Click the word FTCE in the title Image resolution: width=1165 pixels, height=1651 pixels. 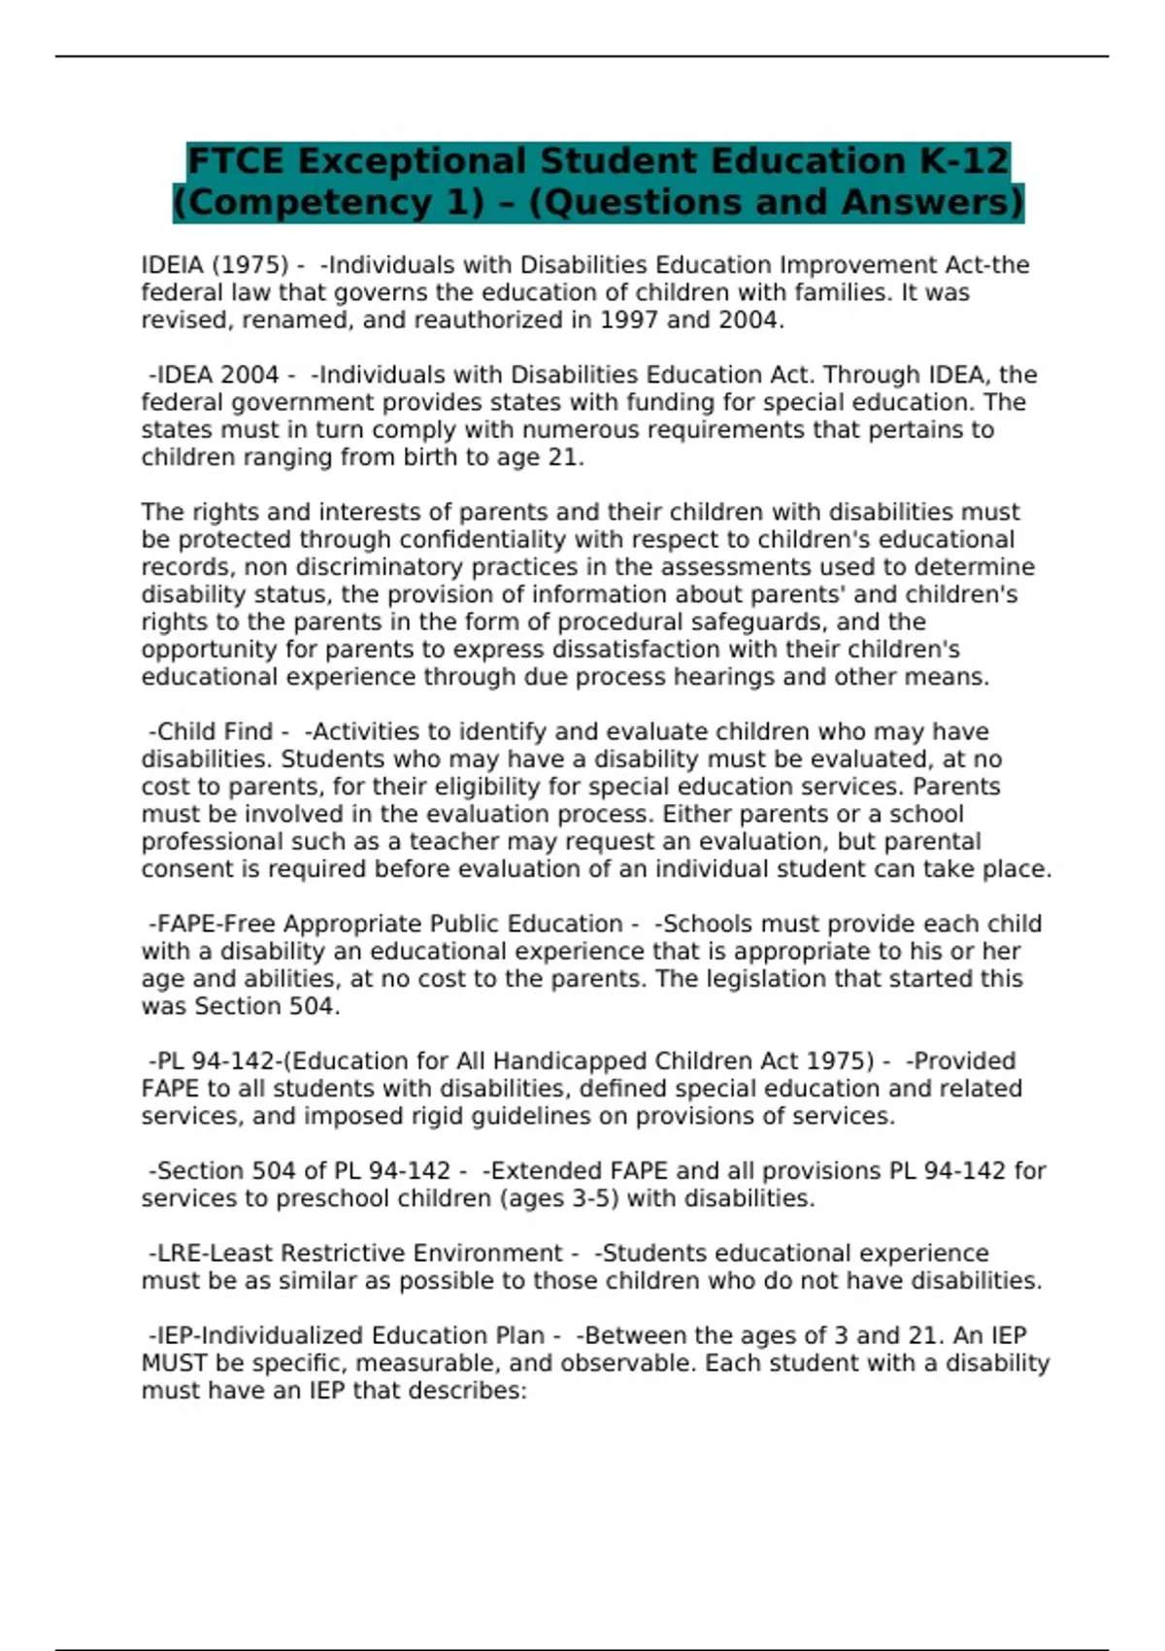click(x=236, y=160)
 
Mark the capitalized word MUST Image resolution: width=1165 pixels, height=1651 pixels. click(x=174, y=1364)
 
